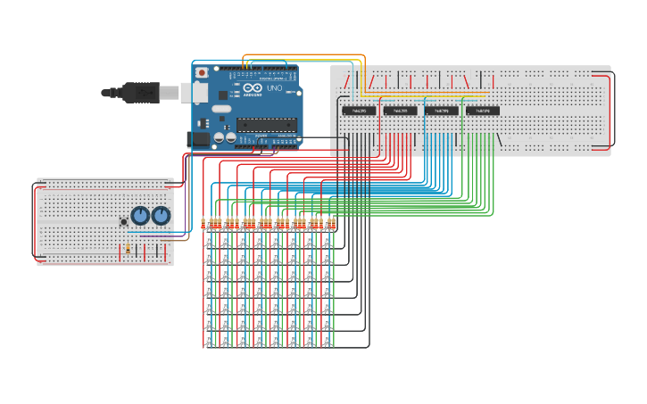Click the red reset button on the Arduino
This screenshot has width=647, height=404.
coord(202,72)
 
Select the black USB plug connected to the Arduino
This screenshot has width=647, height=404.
coord(142,91)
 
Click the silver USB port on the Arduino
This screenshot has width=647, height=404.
coord(195,92)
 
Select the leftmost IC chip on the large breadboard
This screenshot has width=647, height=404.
coord(359,111)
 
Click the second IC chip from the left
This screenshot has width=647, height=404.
coord(400,111)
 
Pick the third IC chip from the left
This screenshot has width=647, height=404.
coord(441,111)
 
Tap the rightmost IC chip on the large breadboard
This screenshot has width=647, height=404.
coord(483,111)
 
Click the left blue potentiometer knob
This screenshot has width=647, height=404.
coord(140,215)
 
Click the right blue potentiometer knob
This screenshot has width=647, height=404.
coord(161,215)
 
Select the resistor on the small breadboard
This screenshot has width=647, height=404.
coord(128,250)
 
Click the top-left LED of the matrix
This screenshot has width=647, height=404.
coord(210,239)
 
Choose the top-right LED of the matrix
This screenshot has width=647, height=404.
coord(328,239)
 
